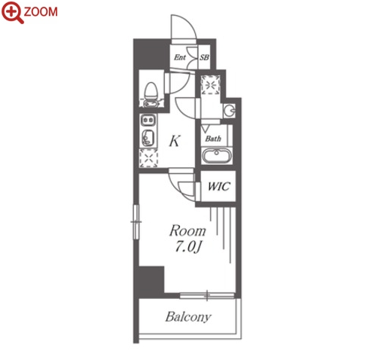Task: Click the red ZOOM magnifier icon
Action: pos(12,12)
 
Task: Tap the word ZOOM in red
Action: pos(41,11)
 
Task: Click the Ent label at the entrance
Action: pos(180,57)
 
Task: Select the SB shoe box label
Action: pos(204,57)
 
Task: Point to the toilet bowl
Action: pos(151,91)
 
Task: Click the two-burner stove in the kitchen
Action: pos(148,120)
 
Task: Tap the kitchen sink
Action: pos(148,138)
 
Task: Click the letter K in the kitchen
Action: pos(175,141)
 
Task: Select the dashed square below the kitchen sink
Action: pos(148,158)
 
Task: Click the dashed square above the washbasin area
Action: pos(211,85)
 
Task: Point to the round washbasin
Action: pos(230,111)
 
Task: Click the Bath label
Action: pos(213,139)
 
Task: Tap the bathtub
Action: pos(217,156)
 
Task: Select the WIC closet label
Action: pos(218,186)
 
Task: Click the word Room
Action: pos(187,230)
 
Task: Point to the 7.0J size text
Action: pos(188,247)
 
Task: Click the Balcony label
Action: pos(188,317)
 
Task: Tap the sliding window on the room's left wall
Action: pos(136,222)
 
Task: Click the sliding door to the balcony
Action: pos(207,295)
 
